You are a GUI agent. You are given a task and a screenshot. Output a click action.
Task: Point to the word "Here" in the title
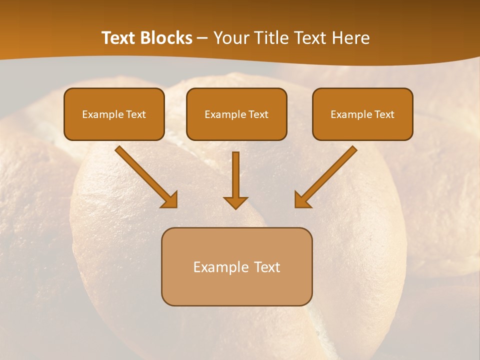pyautogui.click(x=351, y=38)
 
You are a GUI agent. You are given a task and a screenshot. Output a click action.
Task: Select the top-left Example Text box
pyautogui.click(x=114, y=114)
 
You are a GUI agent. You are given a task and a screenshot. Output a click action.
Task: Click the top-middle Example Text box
pyautogui.click(x=236, y=114)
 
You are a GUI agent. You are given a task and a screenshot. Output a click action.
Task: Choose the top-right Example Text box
pyautogui.click(x=362, y=114)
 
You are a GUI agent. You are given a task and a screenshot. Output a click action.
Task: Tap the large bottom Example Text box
pyautogui.click(x=236, y=266)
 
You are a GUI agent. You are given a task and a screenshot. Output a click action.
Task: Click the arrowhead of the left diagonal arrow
pyautogui.click(x=170, y=200)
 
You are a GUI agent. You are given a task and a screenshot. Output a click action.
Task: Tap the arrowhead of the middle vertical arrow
pyautogui.click(x=235, y=202)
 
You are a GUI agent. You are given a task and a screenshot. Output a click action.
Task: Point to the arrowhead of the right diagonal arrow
pyautogui.click(x=302, y=200)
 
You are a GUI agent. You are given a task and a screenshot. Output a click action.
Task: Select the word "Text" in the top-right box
pyautogui.click(x=384, y=114)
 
